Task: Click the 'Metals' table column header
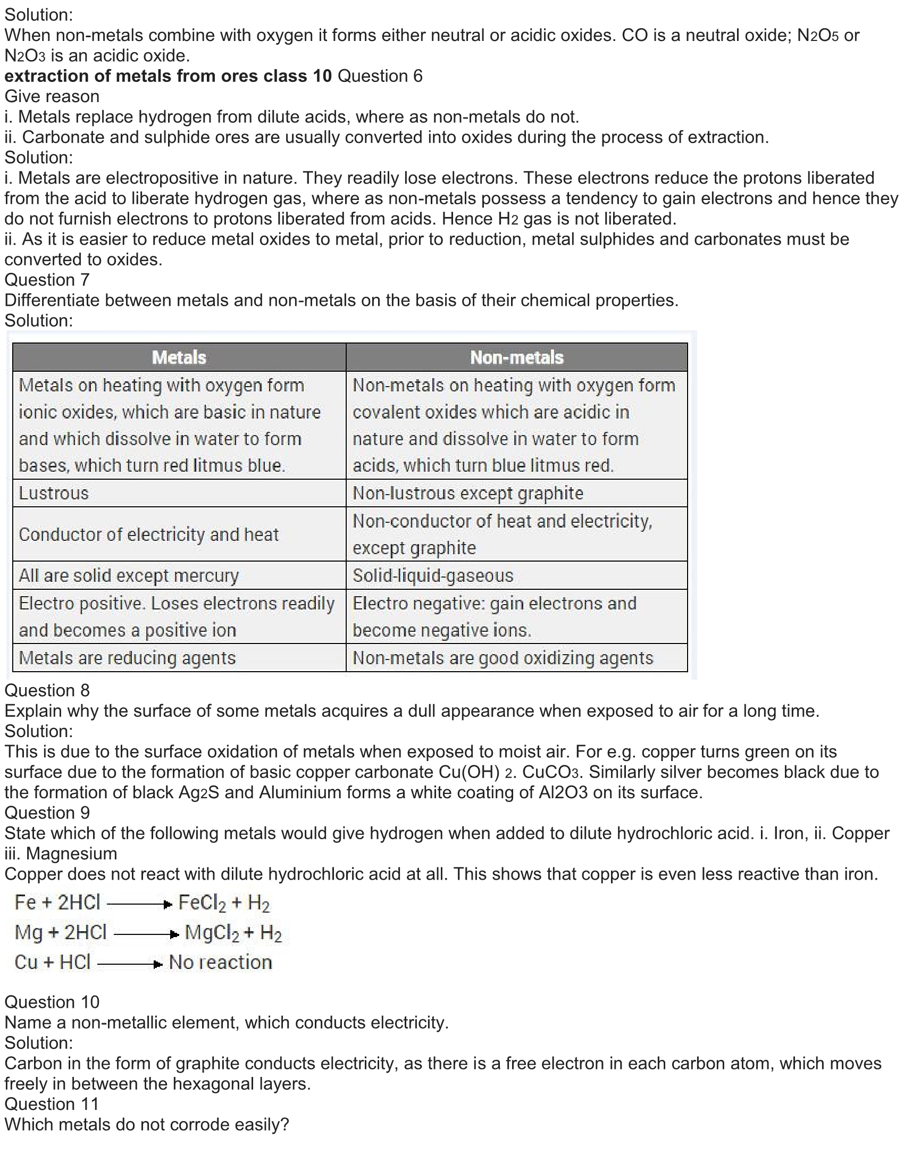click(179, 357)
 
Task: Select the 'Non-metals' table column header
click(517, 357)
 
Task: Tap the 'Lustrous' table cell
click(54, 493)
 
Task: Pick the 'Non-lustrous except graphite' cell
click(467, 493)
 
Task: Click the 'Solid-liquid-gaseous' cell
click(433, 575)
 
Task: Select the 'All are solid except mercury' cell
click(129, 575)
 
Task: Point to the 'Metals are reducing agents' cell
click(127, 658)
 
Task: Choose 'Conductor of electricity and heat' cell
click(148, 534)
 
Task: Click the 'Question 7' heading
click(47, 280)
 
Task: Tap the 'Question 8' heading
click(47, 690)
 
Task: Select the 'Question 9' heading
click(47, 813)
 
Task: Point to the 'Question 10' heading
click(52, 1002)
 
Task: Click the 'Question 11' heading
click(52, 1104)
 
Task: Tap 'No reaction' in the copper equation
click(220, 963)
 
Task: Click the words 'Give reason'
click(52, 96)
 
